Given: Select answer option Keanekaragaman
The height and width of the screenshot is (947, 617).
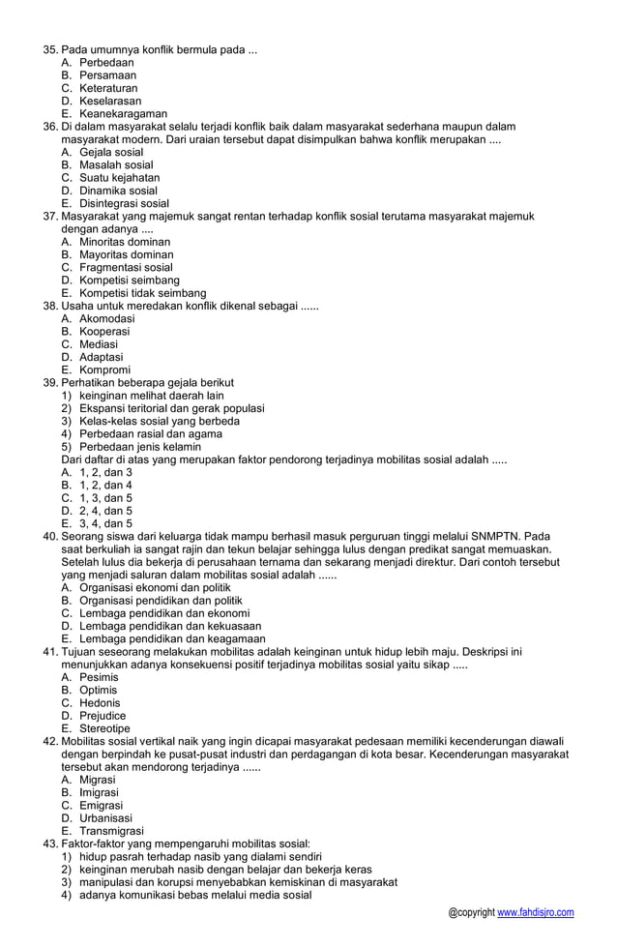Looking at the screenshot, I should click(123, 113).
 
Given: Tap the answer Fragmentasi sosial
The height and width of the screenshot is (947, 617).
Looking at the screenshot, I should click(126, 267).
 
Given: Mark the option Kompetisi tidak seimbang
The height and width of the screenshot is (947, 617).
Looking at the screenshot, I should click(142, 293).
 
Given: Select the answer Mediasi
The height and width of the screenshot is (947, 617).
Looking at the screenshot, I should click(99, 344).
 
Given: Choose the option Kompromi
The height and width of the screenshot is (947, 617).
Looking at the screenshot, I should click(102, 370).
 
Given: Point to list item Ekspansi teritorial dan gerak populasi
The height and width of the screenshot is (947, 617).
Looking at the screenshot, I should click(171, 408).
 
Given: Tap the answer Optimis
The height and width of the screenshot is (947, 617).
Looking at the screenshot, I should click(100, 690).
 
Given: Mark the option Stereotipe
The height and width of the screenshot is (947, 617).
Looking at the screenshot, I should click(104, 728).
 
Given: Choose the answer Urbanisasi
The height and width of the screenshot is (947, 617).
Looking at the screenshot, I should click(105, 817).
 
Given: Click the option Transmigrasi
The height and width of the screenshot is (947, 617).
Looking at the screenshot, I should click(111, 831).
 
